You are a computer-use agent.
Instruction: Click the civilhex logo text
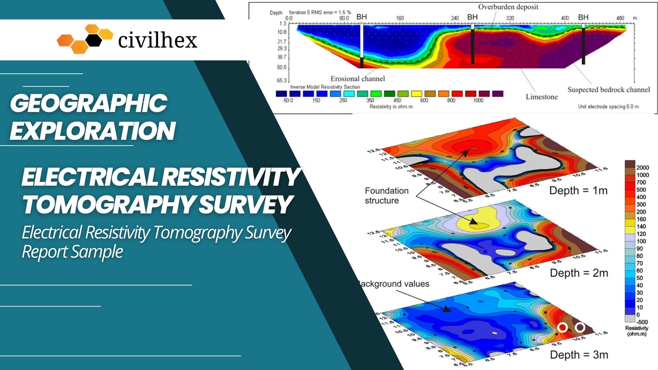(x=158, y=41)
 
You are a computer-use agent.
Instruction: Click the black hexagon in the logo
(x=94, y=40)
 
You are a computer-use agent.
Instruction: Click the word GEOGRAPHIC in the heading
(x=89, y=103)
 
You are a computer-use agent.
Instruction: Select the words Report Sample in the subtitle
(x=72, y=252)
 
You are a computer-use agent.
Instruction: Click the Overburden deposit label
(x=508, y=7)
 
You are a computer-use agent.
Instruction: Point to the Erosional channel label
(x=357, y=79)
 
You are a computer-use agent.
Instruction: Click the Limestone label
(x=541, y=97)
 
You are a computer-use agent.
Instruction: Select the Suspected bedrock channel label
(x=608, y=90)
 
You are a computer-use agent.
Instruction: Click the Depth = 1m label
(x=578, y=190)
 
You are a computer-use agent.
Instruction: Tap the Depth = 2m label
(x=579, y=273)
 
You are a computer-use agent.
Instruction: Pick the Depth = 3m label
(x=579, y=355)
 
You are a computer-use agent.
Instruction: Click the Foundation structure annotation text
(x=386, y=196)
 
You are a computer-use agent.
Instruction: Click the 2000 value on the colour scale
(x=643, y=168)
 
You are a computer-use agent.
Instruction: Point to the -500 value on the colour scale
(x=642, y=322)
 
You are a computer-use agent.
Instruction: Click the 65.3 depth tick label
(x=281, y=81)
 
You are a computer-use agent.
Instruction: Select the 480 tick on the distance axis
(x=620, y=18)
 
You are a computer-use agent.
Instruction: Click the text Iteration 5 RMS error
(x=320, y=12)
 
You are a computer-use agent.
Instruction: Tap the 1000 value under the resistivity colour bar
(x=478, y=100)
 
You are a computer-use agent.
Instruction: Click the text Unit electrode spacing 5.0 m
(x=609, y=107)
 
